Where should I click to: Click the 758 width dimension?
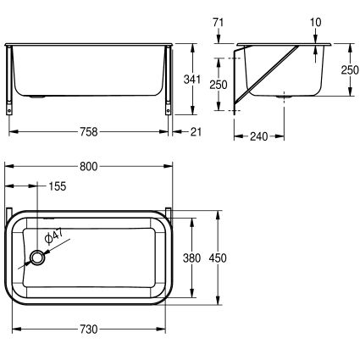point(88,131)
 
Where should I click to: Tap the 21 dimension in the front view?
point(197,131)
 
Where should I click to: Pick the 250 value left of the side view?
point(219,84)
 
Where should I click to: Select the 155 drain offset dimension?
point(58,186)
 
